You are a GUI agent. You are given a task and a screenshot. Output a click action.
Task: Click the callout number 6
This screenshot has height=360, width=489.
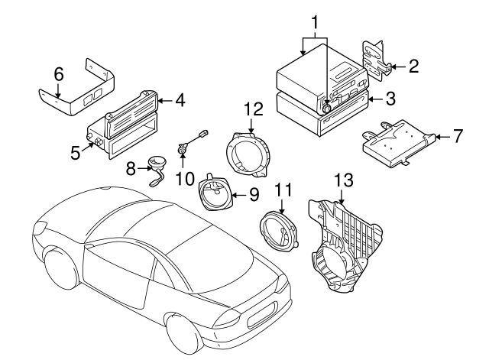[x=59, y=74]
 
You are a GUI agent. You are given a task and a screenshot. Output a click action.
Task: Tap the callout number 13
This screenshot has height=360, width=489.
[x=345, y=180]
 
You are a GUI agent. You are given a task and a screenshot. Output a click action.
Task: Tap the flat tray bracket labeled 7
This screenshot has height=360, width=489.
[x=397, y=141]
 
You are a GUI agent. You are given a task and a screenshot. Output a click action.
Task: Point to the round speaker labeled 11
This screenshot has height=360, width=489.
[x=280, y=229]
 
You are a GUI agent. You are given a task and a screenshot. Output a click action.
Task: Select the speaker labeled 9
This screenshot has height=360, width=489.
[x=217, y=194]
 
